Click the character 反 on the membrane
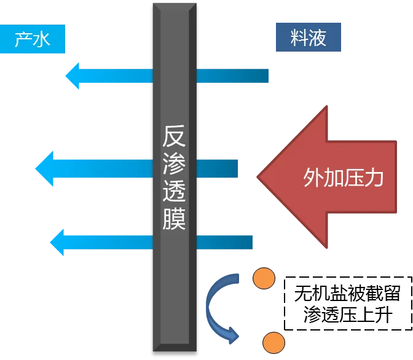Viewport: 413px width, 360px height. tap(174, 137)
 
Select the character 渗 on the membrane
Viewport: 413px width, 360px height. tap(174, 165)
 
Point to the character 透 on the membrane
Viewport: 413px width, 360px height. tap(174, 192)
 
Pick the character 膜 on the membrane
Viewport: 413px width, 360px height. tap(174, 219)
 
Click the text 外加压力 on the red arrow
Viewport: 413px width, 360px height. tap(343, 178)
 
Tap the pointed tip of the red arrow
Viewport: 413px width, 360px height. tap(260, 177)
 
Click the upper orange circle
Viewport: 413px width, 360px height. tap(264, 279)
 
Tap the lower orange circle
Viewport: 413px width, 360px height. tap(273, 343)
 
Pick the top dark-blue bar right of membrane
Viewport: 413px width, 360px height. tap(233, 76)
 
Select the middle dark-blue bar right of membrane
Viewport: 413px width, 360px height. tap(218, 167)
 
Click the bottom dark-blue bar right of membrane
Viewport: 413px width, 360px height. tap(225, 241)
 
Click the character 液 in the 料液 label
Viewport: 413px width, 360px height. tap(317, 39)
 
